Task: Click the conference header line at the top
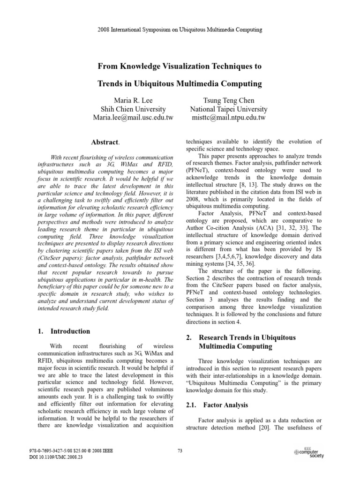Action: [180, 30]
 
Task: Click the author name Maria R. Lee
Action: [134, 100]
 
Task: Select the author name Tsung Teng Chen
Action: [228, 100]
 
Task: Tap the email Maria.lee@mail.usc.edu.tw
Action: [134, 118]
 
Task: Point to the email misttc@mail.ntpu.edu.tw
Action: [228, 118]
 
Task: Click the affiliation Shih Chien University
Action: [134, 109]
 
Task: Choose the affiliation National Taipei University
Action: [228, 109]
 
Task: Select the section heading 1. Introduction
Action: [63, 331]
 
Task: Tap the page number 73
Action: [180, 451]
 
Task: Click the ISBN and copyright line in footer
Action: [71, 451]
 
